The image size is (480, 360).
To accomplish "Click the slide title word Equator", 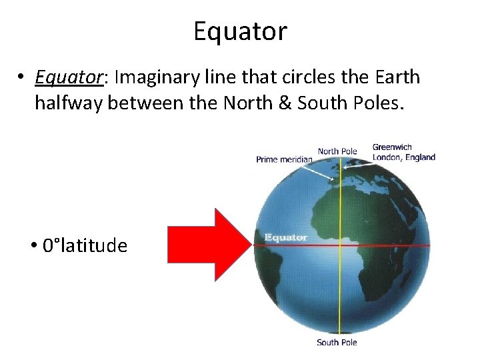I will pyautogui.click(x=240, y=31).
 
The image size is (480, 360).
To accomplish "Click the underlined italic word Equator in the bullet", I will pyautogui.click(x=68, y=77).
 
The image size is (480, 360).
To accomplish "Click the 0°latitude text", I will pyautogui.click(x=85, y=246).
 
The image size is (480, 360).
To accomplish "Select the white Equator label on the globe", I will pyautogui.click(x=285, y=237).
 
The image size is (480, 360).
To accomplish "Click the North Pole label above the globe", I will pyautogui.click(x=337, y=151).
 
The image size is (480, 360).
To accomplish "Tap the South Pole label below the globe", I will pyautogui.click(x=337, y=343).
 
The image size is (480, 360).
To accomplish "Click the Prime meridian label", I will pyautogui.click(x=284, y=159).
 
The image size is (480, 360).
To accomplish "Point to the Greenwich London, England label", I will pyautogui.click(x=403, y=153).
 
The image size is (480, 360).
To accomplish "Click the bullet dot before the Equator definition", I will pyautogui.click(x=22, y=78).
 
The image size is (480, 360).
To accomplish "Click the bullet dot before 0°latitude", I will pyautogui.click(x=33, y=246).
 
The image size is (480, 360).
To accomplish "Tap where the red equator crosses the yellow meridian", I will pyautogui.click(x=340, y=245).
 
